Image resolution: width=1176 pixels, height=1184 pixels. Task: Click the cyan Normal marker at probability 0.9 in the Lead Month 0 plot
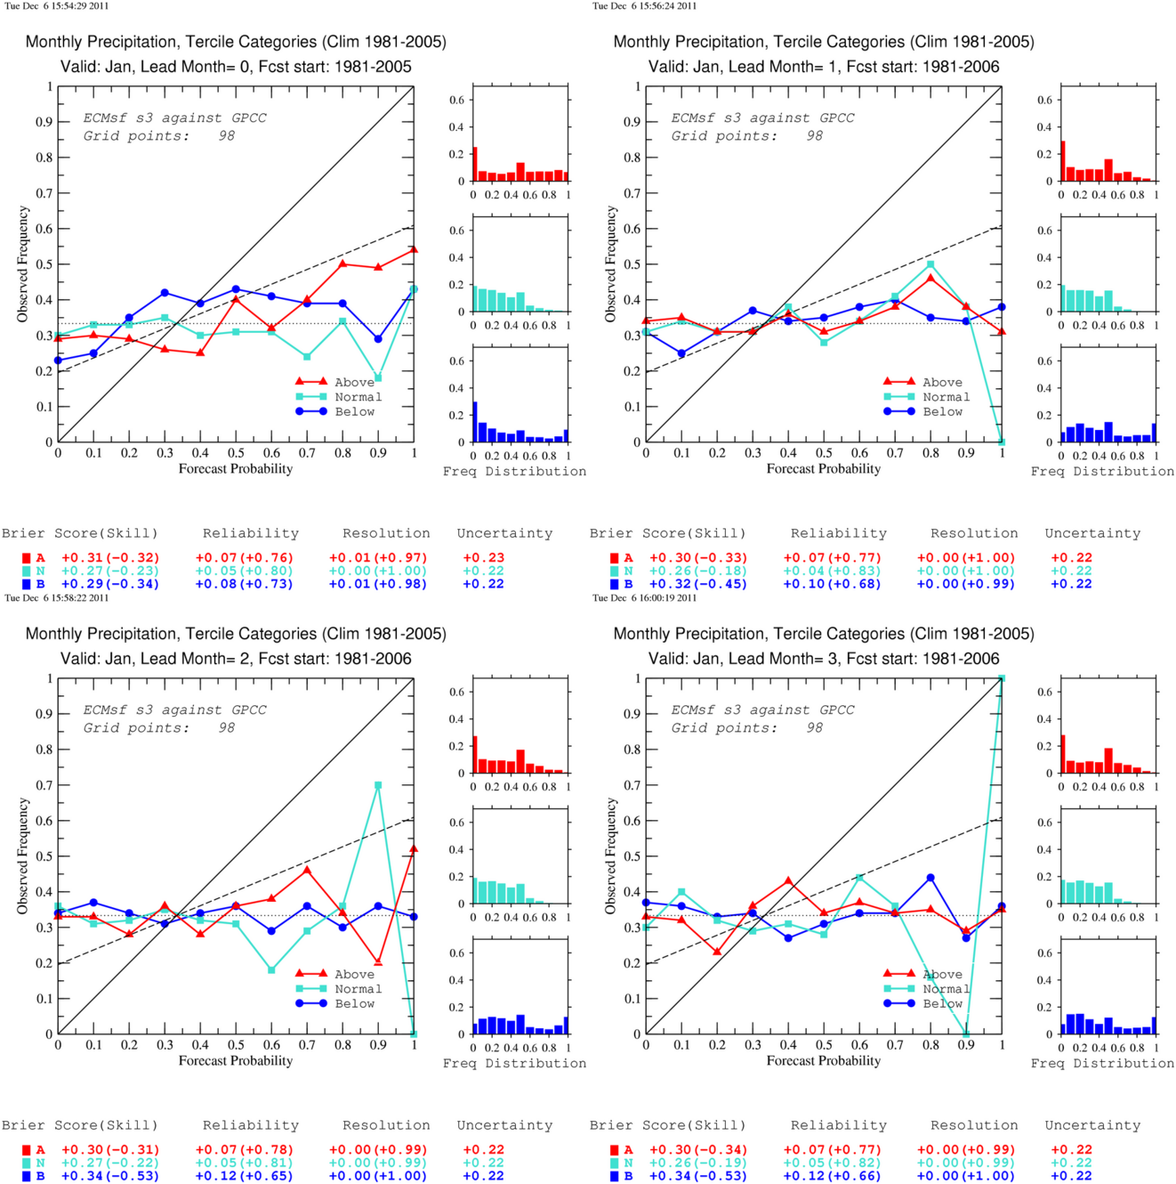coord(378,377)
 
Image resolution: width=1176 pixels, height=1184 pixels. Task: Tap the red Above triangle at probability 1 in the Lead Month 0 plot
coord(414,249)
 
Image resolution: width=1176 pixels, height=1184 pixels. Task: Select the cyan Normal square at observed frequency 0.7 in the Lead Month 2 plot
coord(378,784)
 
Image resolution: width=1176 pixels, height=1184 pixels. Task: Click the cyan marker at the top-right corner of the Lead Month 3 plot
coord(1002,678)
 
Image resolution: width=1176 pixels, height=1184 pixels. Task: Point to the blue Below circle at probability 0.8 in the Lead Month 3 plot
coord(930,878)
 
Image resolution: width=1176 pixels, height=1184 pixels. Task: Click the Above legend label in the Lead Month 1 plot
coord(942,382)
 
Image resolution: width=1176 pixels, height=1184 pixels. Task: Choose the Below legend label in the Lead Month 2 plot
coord(354,1003)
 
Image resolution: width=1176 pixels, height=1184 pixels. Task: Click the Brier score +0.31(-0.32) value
coord(110,558)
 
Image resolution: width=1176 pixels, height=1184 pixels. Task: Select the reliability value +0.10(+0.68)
coord(832,584)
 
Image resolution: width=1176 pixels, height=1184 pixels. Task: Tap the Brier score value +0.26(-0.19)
coord(698,1163)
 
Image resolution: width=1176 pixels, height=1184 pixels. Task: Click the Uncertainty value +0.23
coord(483,558)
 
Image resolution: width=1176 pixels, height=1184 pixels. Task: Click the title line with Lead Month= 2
coord(236,659)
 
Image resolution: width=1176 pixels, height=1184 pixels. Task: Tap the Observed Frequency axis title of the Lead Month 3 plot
coord(610,856)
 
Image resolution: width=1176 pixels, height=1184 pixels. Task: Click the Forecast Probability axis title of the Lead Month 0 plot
coord(236,469)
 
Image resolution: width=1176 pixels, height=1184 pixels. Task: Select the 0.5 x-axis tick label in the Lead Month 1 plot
coord(824,453)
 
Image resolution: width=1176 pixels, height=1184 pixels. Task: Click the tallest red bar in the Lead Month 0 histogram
coord(475,164)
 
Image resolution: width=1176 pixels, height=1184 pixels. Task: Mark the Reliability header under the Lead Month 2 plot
coord(251,1125)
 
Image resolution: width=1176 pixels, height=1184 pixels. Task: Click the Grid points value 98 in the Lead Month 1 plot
coord(814,136)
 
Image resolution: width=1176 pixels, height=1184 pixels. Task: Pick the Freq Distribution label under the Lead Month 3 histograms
coord(1102,1064)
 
